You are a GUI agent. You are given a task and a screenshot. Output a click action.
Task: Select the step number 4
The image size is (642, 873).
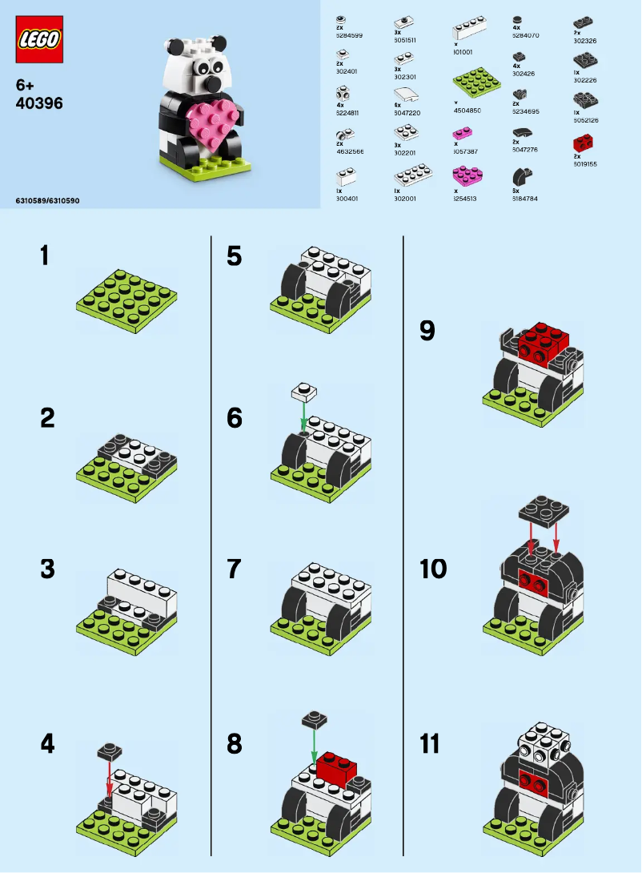(x=47, y=743)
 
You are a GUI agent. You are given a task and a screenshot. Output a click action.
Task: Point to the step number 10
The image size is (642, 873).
(x=433, y=569)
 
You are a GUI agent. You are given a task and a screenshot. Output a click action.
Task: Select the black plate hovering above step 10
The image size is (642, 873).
(x=544, y=509)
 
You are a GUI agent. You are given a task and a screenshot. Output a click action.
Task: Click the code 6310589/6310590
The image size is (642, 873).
(x=47, y=199)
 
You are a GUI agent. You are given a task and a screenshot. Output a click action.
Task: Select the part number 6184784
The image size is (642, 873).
(x=526, y=197)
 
